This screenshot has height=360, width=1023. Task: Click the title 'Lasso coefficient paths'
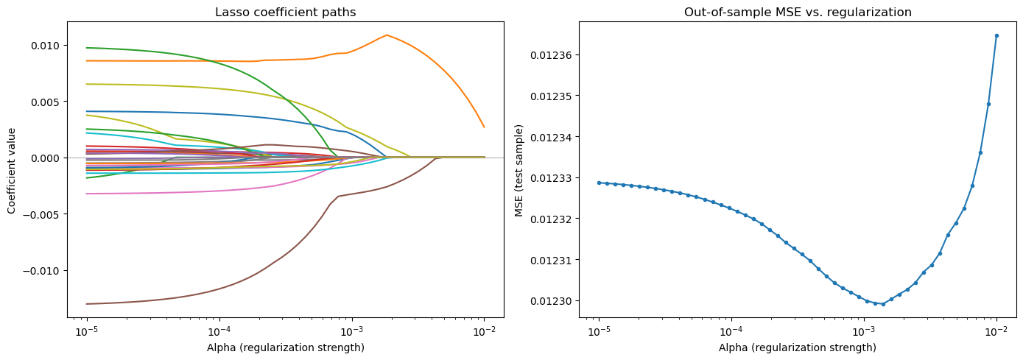285,13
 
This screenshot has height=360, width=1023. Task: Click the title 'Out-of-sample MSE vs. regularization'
797,13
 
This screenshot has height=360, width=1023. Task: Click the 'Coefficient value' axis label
12,171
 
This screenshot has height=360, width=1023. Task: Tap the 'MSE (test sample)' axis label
521,171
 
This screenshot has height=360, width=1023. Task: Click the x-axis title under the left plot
285,347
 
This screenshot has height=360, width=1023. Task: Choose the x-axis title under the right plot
797,347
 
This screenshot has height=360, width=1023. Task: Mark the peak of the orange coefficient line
386,35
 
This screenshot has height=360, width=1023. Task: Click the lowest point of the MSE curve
883,304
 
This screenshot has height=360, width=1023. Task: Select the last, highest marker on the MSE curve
996,35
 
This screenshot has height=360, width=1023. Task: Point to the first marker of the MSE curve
599,183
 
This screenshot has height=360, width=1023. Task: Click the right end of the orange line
484,127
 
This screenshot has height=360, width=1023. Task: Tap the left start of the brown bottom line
87,303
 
